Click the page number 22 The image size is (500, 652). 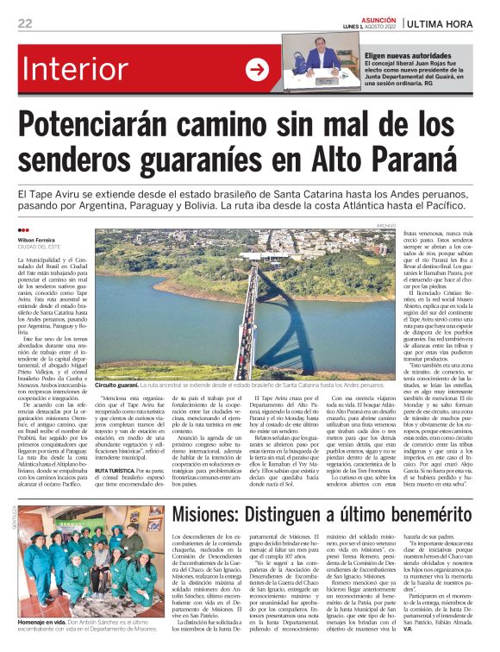(25, 23)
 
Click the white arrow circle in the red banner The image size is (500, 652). (257, 70)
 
